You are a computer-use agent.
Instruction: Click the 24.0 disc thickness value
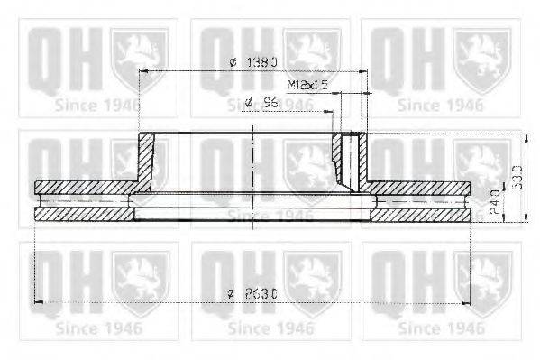pyautogui.click(x=495, y=200)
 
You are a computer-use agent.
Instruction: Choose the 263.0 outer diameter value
pyautogui.click(x=261, y=291)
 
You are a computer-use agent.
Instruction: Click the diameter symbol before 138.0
pyautogui.click(x=233, y=62)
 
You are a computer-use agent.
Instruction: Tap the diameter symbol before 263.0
pyautogui.click(x=232, y=291)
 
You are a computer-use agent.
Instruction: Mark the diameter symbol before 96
pyautogui.click(x=248, y=103)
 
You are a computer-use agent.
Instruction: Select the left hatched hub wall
pyautogui.click(x=143, y=159)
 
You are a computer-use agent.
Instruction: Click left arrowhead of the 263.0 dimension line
pyautogui.click(x=37, y=301)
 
